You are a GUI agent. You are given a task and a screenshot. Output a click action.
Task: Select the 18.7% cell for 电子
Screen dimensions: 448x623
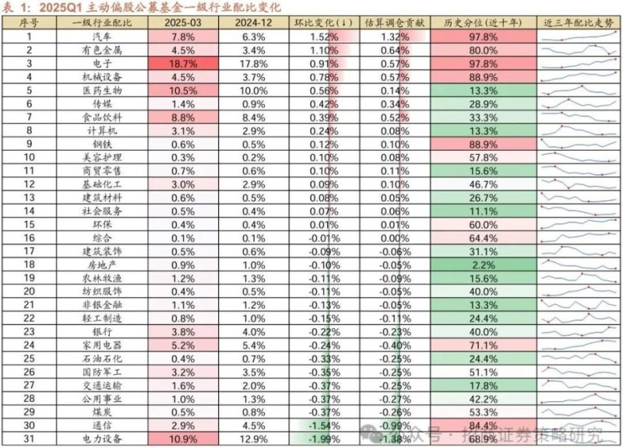tap(181, 64)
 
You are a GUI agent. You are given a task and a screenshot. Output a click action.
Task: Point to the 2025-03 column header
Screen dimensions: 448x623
tap(181, 23)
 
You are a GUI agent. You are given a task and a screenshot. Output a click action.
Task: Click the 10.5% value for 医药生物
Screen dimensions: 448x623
tap(181, 90)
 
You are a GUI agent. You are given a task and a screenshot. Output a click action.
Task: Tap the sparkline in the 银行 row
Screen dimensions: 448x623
tap(580, 332)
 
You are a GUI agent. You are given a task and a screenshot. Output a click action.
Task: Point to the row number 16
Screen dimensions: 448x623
tap(30, 238)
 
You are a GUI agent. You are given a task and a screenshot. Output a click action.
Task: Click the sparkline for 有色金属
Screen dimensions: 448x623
tap(580, 50)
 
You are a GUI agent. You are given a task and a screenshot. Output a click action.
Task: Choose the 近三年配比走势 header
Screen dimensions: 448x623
tap(580, 23)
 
